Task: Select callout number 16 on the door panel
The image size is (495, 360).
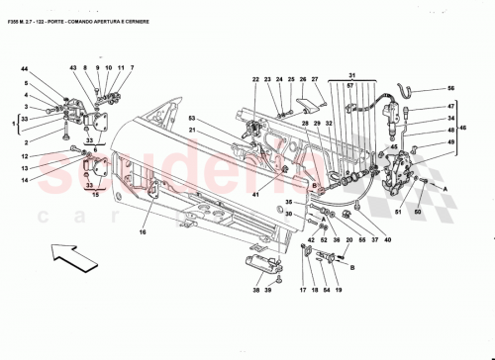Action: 142,232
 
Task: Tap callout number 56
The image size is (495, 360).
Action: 451,88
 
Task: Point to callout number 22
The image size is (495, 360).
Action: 254,79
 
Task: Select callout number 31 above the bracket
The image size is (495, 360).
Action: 351,76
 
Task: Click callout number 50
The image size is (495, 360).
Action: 418,212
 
